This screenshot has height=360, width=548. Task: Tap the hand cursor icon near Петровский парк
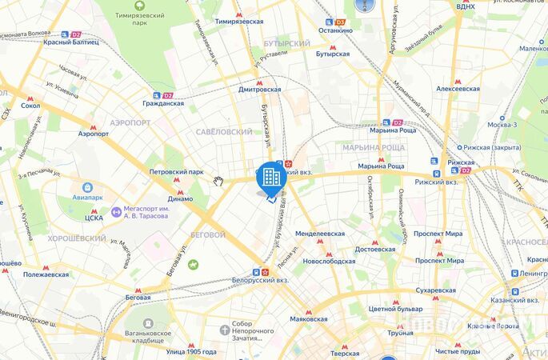[x=218, y=181]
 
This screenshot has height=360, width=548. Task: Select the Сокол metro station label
[x=30, y=105]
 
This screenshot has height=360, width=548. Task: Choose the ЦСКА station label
[x=94, y=217]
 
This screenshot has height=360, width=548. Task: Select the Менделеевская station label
[x=320, y=234]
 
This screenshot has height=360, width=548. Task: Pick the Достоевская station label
[x=375, y=249]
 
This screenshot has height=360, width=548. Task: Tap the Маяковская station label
[x=309, y=318]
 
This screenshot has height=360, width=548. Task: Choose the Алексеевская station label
[x=458, y=89]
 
